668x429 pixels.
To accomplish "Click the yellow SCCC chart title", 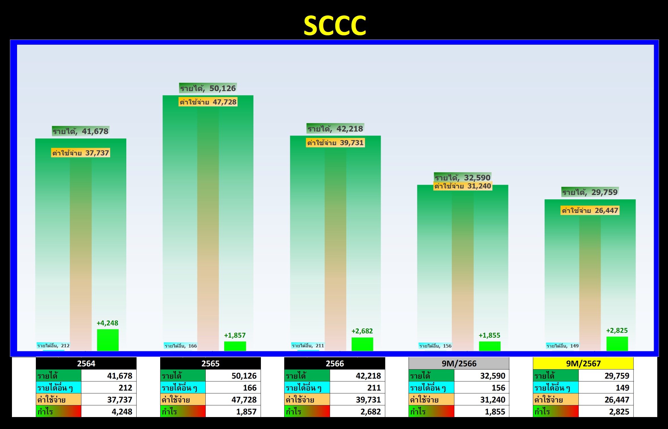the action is click(x=335, y=25).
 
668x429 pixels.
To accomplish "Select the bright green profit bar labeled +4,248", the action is click(x=108, y=340).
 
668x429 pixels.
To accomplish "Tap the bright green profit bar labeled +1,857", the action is click(x=235, y=346).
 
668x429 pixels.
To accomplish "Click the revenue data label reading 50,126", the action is click(x=208, y=88).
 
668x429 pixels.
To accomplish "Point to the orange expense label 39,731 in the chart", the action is click(x=335, y=143).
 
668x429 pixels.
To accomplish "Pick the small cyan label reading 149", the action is click(x=563, y=346).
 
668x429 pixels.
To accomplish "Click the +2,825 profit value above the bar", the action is click(x=617, y=331).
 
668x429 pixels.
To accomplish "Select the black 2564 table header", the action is click(x=86, y=364).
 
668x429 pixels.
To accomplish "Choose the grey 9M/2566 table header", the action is click(x=459, y=364).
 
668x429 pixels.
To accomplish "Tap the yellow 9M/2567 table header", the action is click(x=583, y=364).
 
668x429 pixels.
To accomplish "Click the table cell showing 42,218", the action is click(x=357, y=376).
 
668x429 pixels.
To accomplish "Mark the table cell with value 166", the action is click(x=233, y=388).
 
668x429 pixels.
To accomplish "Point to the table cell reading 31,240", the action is click(x=482, y=400).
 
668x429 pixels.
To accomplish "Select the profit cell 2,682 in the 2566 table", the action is click(x=357, y=412).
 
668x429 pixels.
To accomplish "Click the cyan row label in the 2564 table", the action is click(x=59, y=388).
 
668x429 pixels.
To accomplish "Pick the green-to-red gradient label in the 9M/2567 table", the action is click(x=556, y=412).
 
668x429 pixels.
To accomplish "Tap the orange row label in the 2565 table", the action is click(x=183, y=400).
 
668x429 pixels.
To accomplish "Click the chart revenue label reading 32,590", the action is click(x=463, y=177).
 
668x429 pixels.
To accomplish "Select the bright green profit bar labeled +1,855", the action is click(x=490, y=346).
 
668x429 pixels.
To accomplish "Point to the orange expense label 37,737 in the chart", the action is click(x=81, y=153).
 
